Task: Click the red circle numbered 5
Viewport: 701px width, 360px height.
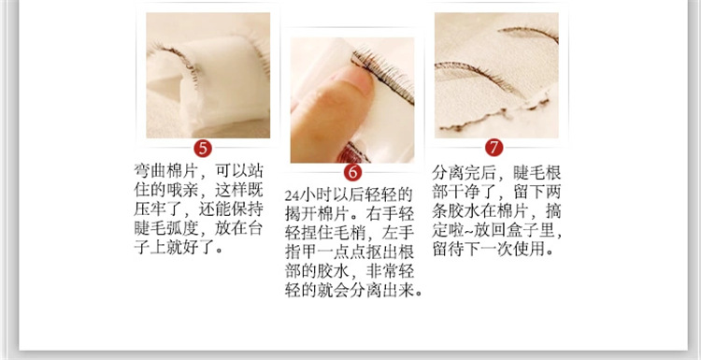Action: (204, 149)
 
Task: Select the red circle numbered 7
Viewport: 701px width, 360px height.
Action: (496, 149)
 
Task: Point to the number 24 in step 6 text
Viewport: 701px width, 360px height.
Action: (293, 194)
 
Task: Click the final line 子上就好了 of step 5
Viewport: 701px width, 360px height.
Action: (178, 250)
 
